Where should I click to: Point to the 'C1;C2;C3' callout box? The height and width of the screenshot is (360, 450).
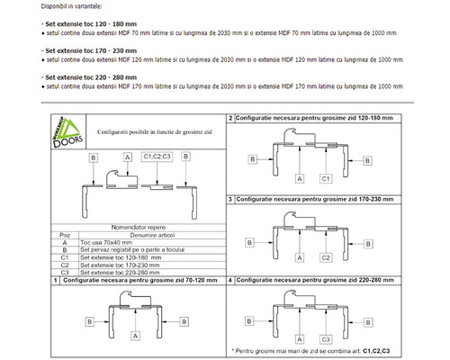click(158, 156)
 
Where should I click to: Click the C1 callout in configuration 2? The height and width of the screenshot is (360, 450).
click(327, 179)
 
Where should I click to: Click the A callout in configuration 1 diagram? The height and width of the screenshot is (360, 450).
click(135, 336)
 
